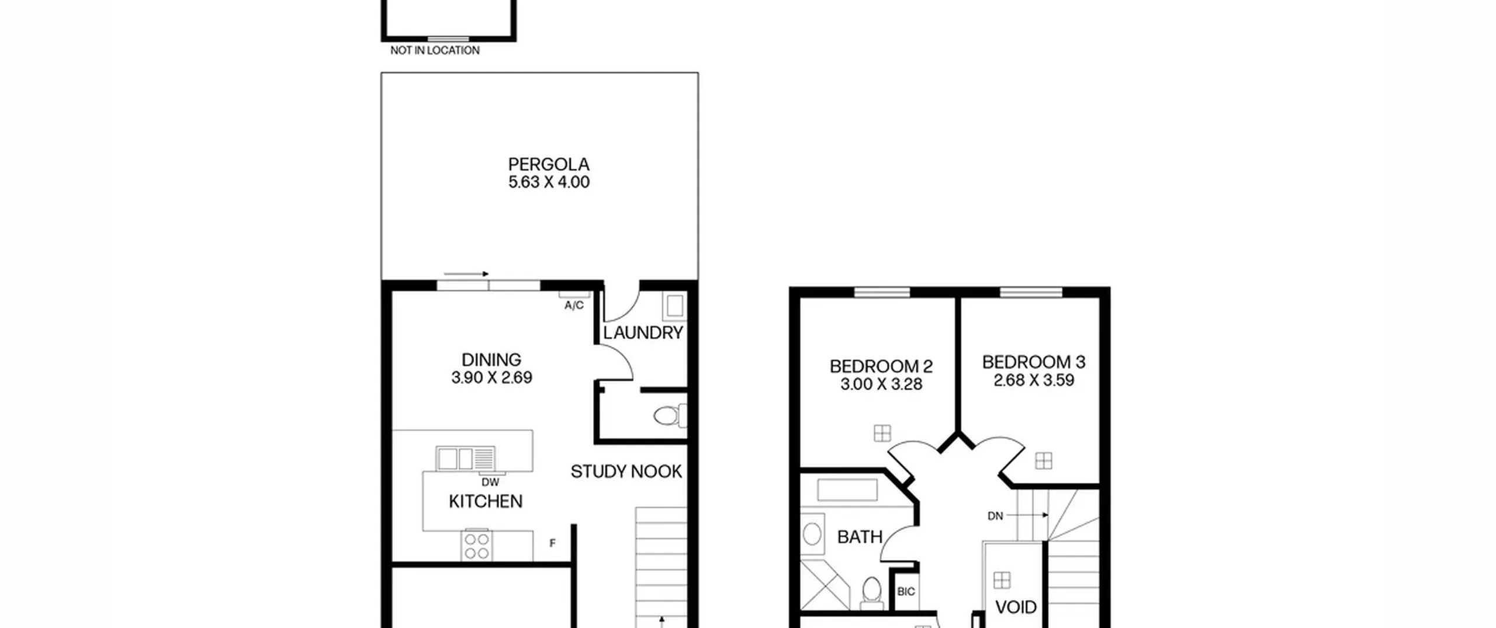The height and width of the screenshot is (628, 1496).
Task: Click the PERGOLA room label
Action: point(549,164)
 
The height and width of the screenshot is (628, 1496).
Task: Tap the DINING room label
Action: point(491,360)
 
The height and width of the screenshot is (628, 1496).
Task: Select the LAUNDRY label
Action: point(643,333)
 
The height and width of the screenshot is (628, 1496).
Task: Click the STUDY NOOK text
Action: point(626,471)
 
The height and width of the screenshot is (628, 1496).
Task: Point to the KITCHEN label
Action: point(486,501)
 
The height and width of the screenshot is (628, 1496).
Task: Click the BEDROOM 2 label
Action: point(881,366)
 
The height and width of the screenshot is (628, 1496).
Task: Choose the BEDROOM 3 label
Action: point(1034,362)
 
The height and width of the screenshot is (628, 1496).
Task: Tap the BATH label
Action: point(860,537)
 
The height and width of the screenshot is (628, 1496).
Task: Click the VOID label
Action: point(1016,608)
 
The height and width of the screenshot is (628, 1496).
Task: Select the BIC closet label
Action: point(906,592)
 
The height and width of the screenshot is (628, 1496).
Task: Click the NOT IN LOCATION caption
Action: point(435,51)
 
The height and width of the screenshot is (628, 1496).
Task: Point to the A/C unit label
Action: point(574,306)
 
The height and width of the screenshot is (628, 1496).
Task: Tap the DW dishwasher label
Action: point(490,483)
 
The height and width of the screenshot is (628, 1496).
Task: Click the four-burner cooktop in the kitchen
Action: point(477,545)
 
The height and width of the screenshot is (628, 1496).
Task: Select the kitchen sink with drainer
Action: point(466,459)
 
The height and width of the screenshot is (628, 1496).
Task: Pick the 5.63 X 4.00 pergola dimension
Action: point(549,182)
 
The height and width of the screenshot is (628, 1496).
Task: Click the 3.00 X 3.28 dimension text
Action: point(881,384)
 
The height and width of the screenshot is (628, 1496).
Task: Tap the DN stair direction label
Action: point(995,516)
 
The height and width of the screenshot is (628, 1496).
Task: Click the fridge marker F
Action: point(552,543)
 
